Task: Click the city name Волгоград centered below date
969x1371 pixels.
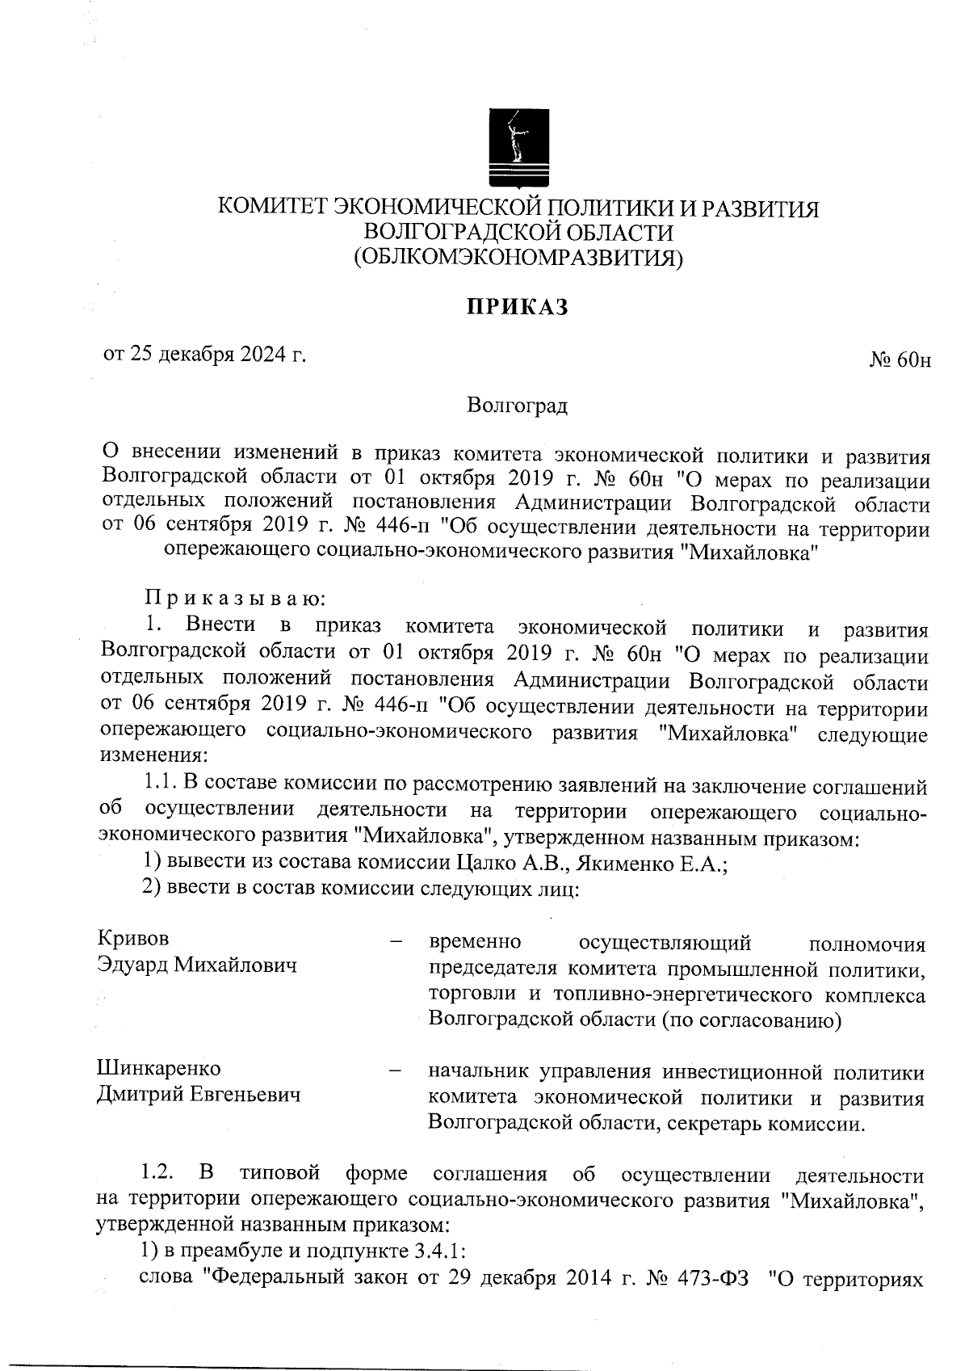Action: tap(518, 405)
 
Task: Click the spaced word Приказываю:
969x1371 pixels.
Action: tap(235, 599)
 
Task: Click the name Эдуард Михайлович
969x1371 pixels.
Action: tap(196, 965)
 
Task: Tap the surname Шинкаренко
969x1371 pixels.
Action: tap(159, 1068)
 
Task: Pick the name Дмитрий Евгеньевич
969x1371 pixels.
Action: tap(199, 1095)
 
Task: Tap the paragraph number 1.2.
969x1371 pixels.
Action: tap(154, 1172)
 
